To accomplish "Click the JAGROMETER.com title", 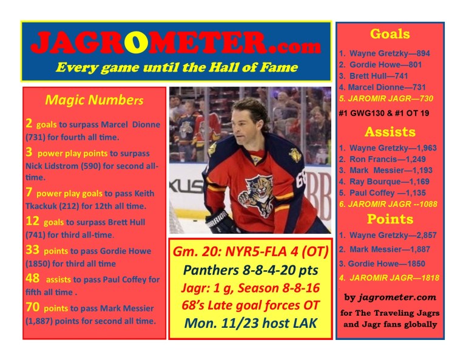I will (x=175, y=44).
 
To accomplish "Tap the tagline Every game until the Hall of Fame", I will (x=176, y=67).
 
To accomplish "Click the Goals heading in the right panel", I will (x=390, y=34).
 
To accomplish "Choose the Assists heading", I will (x=390, y=132).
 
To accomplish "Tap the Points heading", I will (x=390, y=219).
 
